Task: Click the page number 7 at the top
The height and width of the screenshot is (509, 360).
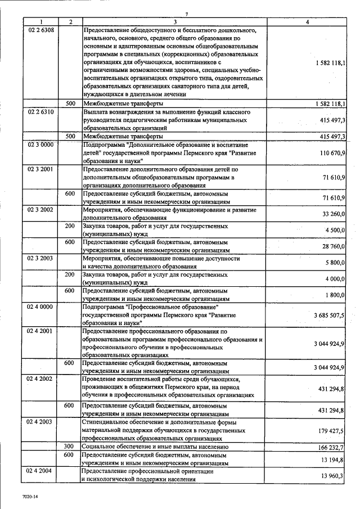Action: pyautogui.click(x=186, y=13)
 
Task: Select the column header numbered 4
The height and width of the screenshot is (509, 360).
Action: pyautogui.click(x=307, y=21)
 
